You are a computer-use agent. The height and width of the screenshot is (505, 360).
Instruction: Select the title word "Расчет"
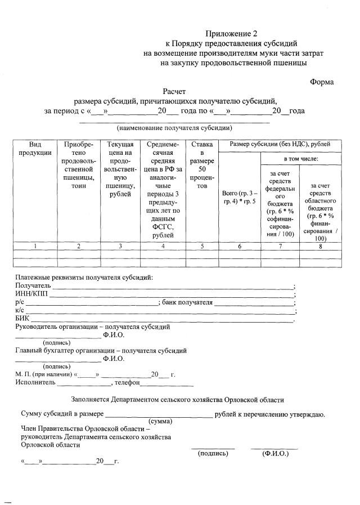pos(174,91)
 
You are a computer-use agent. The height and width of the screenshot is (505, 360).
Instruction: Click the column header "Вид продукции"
pos(35,149)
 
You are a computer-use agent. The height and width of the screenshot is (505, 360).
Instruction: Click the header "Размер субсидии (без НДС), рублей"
pos(280,145)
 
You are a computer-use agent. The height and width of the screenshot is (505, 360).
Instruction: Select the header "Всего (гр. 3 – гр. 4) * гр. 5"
pos(239,197)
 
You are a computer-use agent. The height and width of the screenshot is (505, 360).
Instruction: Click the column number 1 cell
pos(35,246)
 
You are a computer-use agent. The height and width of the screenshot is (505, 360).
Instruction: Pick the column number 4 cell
pos(163,246)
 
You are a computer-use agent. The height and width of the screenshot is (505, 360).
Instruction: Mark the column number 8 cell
pos(321,246)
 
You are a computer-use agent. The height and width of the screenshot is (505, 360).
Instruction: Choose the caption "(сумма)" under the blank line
pos(160,421)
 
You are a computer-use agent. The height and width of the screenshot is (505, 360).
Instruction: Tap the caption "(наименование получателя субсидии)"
pos(174,128)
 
